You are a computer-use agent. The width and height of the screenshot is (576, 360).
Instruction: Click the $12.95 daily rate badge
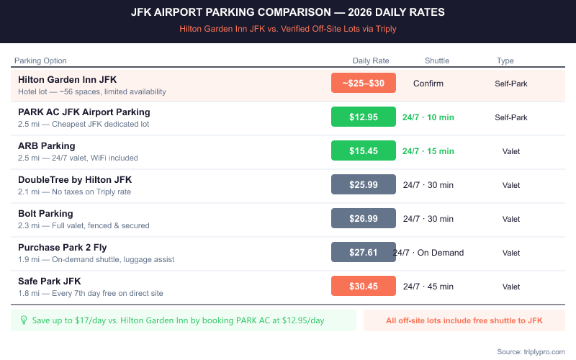click(364, 117)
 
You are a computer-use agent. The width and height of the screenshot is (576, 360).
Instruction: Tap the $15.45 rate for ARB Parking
click(364, 151)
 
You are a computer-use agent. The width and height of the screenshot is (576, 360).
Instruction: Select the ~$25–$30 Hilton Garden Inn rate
click(364, 84)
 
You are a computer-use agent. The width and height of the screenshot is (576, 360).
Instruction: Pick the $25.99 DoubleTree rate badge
click(364, 185)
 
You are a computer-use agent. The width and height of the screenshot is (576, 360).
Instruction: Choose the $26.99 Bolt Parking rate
click(364, 219)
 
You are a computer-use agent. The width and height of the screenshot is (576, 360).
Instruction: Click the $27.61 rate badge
click(364, 253)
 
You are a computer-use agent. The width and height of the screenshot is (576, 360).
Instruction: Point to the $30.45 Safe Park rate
click(364, 287)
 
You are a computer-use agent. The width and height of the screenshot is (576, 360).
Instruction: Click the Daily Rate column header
click(371, 60)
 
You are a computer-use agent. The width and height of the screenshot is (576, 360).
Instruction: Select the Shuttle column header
click(437, 60)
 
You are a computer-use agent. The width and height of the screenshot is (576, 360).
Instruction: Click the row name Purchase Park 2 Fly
click(62, 247)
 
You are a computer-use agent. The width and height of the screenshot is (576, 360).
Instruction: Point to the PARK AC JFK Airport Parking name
click(84, 112)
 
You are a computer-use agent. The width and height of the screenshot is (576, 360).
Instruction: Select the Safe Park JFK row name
click(49, 281)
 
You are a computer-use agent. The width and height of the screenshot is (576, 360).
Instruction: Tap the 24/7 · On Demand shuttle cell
click(429, 253)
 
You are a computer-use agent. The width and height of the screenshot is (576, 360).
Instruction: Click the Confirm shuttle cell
click(428, 84)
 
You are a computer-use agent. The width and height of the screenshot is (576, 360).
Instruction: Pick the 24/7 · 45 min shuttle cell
click(428, 287)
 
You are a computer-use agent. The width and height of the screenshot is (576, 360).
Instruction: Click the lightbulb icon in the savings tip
click(23, 320)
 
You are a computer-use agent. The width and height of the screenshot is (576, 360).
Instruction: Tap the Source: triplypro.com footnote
click(531, 351)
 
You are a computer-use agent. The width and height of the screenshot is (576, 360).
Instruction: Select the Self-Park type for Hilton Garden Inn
click(511, 84)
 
